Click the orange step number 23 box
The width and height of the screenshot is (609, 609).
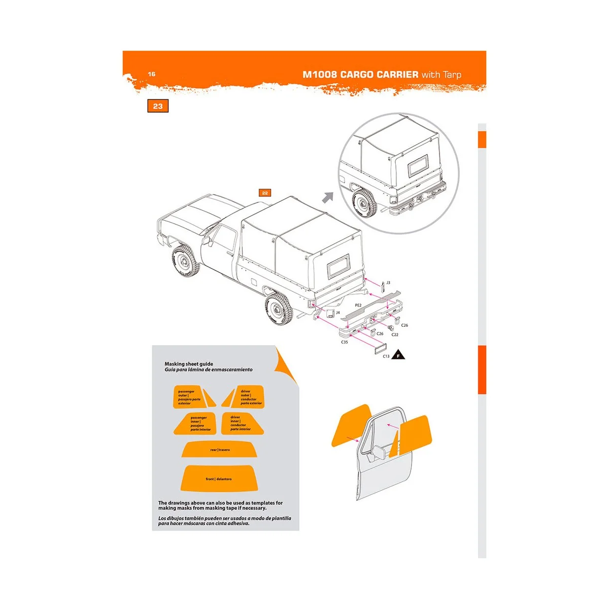(x=158, y=106)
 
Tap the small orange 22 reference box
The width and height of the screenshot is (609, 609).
(x=265, y=193)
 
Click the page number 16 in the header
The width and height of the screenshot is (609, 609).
(x=152, y=74)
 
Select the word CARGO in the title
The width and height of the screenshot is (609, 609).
(x=358, y=75)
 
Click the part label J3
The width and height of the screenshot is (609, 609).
(x=388, y=283)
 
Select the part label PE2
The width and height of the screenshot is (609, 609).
(x=358, y=306)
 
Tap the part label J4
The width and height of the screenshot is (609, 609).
(x=338, y=313)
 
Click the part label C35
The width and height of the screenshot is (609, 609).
(x=345, y=342)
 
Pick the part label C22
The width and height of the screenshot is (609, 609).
(x=395, y=334)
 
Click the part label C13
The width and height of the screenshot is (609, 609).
(x=386, y=356)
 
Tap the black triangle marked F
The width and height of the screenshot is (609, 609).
(x=399, y=355)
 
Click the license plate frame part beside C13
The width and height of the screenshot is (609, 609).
(x=380, y=348)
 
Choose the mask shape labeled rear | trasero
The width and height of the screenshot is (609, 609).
(x=220, y=449)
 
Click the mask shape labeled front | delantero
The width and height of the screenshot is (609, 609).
(x=219, y=478)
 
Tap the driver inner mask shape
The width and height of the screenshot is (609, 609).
(x=242, y=423)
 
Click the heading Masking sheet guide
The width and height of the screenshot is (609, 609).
(x=189, y=364)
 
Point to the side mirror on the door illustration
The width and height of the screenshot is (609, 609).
(x=379, y=453)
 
